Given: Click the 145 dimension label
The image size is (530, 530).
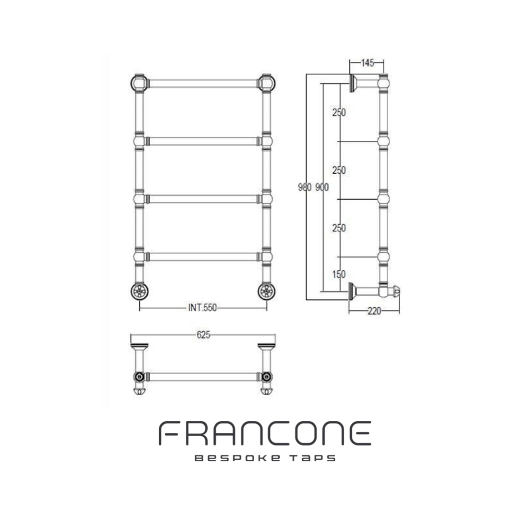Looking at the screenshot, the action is coord(368,63).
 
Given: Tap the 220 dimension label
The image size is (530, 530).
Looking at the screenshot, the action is coord(374,311).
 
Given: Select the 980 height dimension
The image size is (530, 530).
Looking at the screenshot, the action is coord(305,187).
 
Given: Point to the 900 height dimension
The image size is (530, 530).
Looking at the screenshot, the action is coord(322,187).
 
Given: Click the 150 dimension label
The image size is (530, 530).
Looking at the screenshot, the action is coord(339,274).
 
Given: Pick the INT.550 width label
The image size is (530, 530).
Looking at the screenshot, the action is coord(203,308).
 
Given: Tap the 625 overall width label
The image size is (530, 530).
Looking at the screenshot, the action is coord(204,335).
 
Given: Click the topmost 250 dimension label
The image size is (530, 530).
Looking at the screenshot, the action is coord(339,112).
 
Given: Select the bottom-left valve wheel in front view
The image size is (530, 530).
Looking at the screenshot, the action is coord(139,291).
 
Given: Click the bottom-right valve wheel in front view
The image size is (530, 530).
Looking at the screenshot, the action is coord(266,291).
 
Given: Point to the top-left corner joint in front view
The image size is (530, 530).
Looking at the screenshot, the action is coord(139,83).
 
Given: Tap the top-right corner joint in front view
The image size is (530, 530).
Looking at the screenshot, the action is coord(266,83).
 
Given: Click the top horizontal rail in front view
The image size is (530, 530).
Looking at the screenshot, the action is coord(203,83).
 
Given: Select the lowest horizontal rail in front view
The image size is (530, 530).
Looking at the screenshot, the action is coord(203,257).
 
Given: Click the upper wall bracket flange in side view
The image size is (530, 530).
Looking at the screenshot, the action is coord(353,83).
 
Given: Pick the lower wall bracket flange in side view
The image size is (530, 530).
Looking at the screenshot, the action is coord(352,291).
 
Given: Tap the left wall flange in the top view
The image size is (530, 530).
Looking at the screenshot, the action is coord(139,346).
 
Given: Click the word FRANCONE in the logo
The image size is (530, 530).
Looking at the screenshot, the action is coord(265,433).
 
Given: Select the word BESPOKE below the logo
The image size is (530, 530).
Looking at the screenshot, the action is coord(238,458).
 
